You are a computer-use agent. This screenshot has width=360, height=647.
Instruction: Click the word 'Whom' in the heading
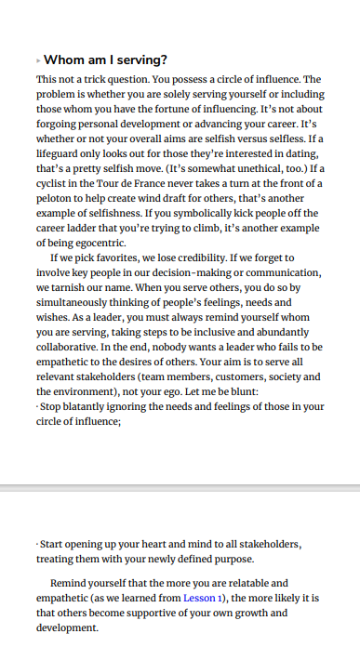(65, 60)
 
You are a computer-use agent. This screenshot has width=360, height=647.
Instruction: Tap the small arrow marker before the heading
(38, 60)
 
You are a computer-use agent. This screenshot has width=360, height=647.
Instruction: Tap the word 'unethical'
(261, 168)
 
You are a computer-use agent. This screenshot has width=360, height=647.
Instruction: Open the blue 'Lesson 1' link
(203, 598)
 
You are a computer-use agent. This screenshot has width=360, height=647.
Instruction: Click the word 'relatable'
(250, 583)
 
